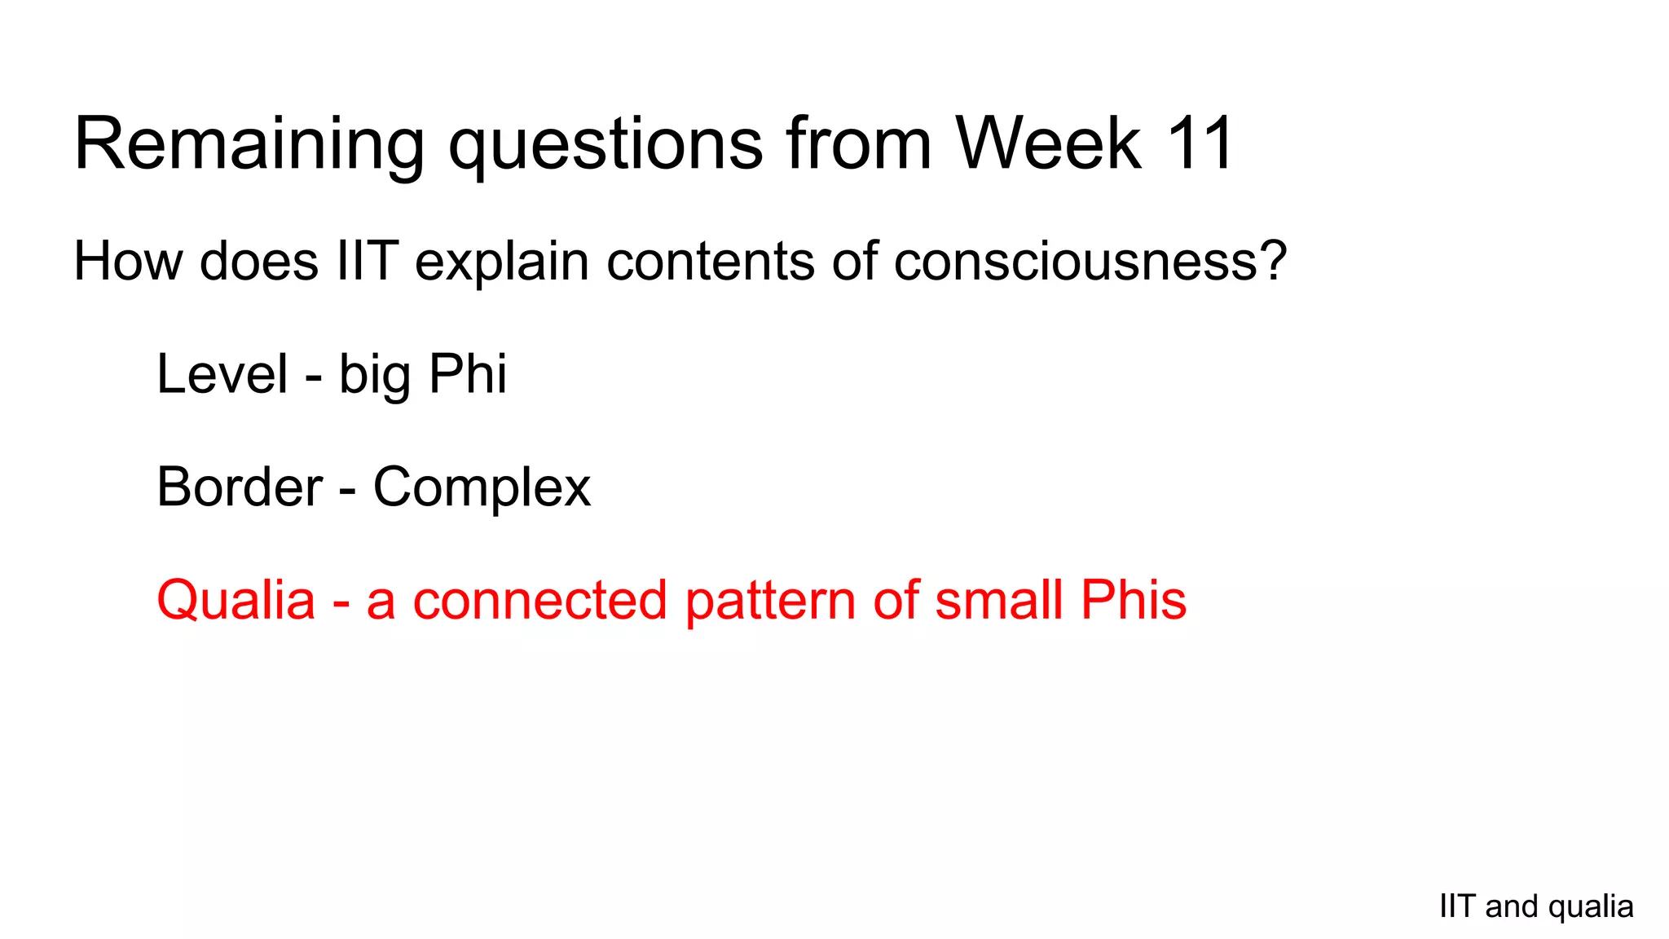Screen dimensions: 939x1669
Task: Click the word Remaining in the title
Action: (x=249, y=144)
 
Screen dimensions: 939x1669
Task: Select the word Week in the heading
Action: (x=1048, y=144)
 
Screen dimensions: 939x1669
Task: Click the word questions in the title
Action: (x=606, y=144)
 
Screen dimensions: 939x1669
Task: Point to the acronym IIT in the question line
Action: (x=367, y=262)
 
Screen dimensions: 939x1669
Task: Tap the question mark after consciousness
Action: (x=1271, y=262)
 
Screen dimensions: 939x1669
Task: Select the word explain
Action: (x=501, y=262)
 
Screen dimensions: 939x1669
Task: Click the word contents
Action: (x=710, y=262)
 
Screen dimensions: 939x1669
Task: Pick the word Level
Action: (x=222, y=374)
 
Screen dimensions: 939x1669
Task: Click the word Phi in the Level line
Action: (x=467, y=374)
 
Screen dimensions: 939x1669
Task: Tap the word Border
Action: (x=240, y=487)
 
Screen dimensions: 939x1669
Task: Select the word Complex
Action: (x=482, y=487)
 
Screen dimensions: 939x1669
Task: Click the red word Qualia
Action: (x=236, y=601)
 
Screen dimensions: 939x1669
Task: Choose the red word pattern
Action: (x=770, y=601)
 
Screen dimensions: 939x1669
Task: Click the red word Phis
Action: (x=1133, y=601)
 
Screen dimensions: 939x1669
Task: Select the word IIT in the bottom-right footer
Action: (x=1457, y=906)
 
